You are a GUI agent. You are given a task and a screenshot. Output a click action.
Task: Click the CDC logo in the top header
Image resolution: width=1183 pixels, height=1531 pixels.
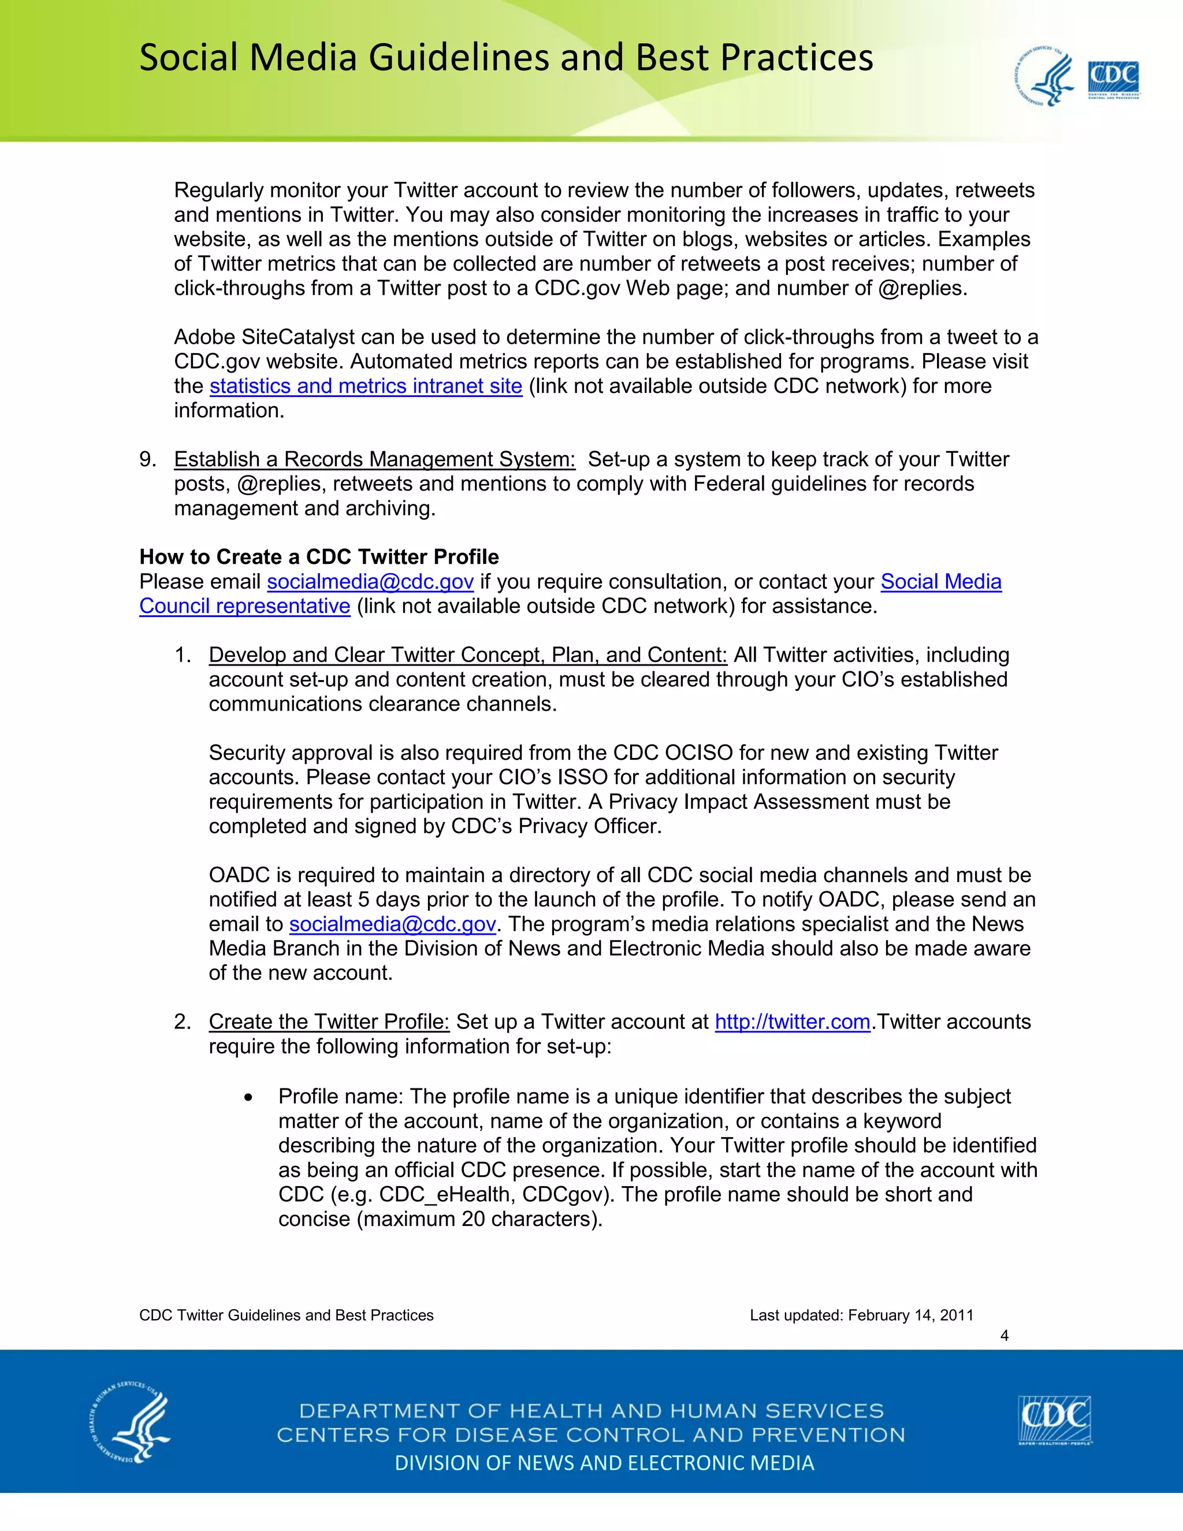click(x=1113, y=79)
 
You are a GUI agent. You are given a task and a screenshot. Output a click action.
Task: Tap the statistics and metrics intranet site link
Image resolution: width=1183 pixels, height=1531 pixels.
click(x=366, y=387)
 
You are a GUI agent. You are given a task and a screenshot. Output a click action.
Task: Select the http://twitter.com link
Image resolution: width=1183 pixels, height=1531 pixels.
click(x=792, y=1022)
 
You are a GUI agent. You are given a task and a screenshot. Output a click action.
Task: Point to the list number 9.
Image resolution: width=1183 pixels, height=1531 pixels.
click(x=147, y=460)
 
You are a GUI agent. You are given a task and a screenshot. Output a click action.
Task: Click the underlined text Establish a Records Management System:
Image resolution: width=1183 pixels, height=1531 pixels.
click(x=374, y=460)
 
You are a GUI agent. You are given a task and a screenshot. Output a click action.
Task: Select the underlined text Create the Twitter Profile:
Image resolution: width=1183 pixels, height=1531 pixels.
click(x=329, y=1022)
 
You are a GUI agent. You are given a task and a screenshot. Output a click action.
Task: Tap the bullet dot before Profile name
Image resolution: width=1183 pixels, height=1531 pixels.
click(x=248, y=1098)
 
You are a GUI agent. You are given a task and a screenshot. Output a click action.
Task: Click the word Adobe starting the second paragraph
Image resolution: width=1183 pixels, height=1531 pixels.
click(x=204, y=337)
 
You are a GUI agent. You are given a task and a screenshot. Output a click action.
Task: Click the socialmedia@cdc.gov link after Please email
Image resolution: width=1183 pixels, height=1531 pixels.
click(x=370, y=582)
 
